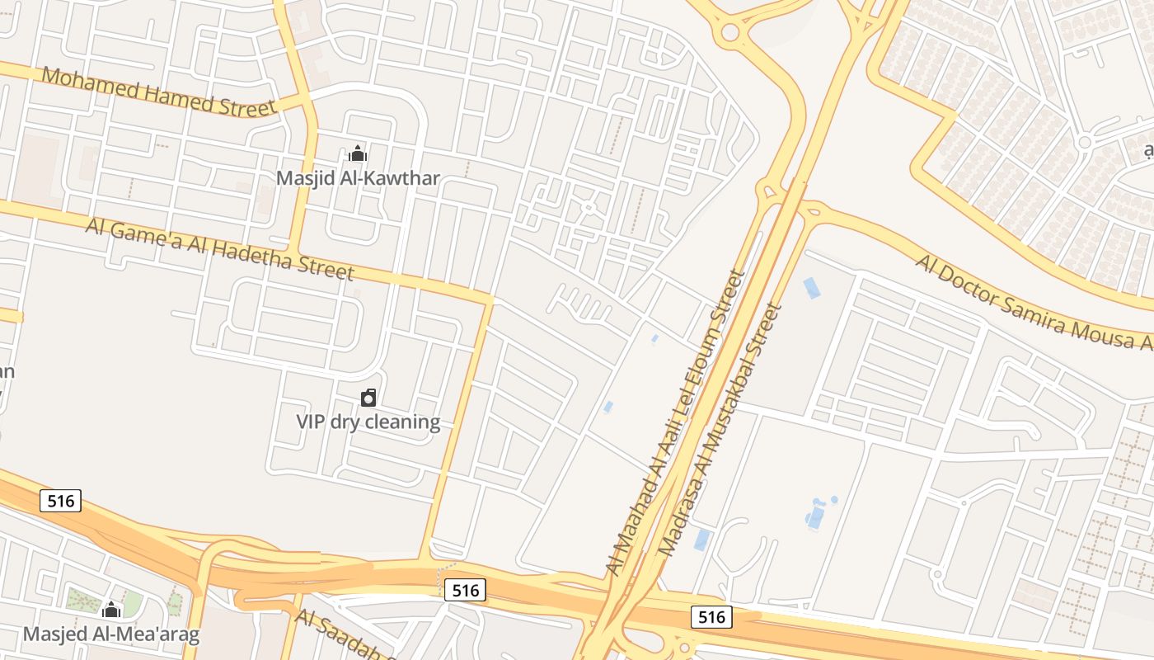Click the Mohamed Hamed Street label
click(158, 92)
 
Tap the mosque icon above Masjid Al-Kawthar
click(358, 153)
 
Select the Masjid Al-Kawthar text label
click(358, 178)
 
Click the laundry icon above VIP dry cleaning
click(368, 398)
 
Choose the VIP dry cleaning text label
click(368, 422)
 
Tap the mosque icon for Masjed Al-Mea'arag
click(110, 610)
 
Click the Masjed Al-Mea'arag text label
click(110, 634)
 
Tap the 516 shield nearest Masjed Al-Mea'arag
click(60, 500)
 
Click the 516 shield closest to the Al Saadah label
click(465, 590)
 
